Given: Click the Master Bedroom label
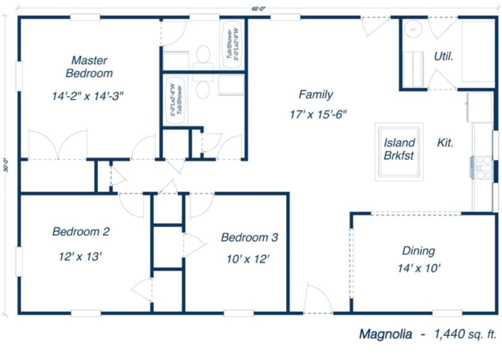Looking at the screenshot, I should pos(89,66).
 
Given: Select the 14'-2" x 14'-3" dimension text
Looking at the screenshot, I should pos(88,96).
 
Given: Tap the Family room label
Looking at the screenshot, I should pos(315,94).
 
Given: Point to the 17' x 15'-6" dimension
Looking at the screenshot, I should pos(318,115).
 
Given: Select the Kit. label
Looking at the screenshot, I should pos(445,143).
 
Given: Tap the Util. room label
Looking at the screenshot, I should pos(443,56).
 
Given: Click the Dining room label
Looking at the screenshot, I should pos(418,251).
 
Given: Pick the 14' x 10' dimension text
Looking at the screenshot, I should pos(419,268).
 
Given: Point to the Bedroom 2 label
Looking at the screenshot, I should pos(80,231).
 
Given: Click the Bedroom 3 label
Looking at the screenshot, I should pos(249,237).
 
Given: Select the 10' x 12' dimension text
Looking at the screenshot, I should pos(248,259).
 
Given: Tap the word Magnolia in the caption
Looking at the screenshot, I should pos(385,334).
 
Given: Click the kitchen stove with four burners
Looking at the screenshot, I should pos(482,167).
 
